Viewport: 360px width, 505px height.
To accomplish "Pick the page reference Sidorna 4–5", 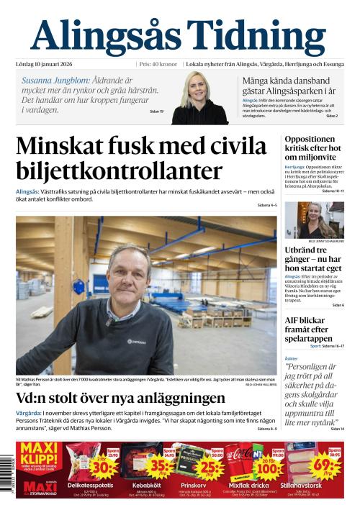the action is pyautogui.click(x=266, y=206).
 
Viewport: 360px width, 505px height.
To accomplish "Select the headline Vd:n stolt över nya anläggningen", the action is pyautogui.click(x=120, y=398).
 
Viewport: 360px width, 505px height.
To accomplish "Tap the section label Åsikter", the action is pyautogui.click(x=291, y=358).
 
